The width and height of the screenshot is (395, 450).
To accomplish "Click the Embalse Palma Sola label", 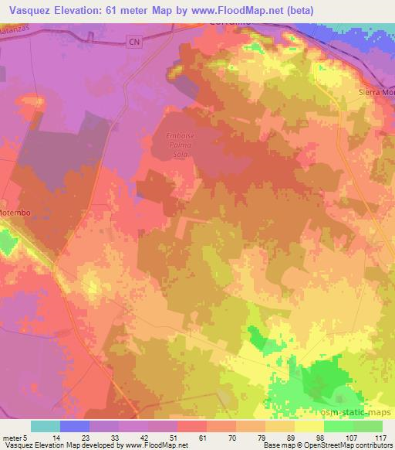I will point(177,145).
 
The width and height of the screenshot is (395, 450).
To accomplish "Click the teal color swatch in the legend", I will point(46,426).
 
